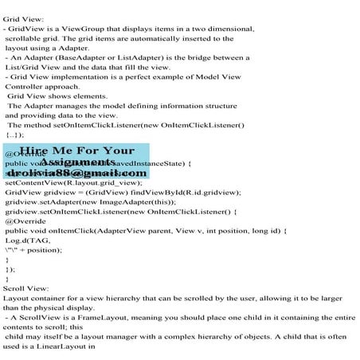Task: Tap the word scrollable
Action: pyautogui.click(x=29, y=37)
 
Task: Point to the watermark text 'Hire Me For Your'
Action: pyautogui.click(x=76, y=151)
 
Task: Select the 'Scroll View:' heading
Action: pyautogui.click(x=26, y=286)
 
